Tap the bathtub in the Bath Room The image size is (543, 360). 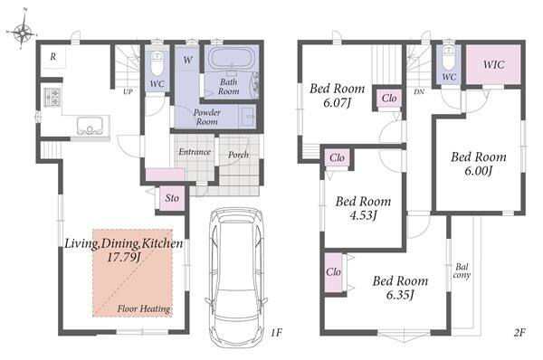[x=232, y=58]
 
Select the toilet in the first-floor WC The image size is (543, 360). [x=157, y=63]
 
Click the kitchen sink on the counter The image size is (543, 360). [x=90, y=126]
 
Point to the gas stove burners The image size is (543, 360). [x=52, y=97]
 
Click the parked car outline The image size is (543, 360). [x=236, y=277]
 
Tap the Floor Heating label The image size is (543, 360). [x=144, y=308]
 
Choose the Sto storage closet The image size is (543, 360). [x=172, y=198]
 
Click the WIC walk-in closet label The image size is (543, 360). [x=494, y=64]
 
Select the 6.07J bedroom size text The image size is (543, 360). [x=337, y=102]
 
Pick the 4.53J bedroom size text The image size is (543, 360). [x=363, y=215]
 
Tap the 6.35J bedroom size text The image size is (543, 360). [x=400, y=295]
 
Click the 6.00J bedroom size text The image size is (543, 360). [x=478, y=171]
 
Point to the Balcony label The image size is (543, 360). [x=462, y=271]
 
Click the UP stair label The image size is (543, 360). [x=128, y=92]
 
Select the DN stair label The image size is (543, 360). [x=419, y=92]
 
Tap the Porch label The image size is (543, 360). [x=238, y=155]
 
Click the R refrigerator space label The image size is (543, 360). [x=52, y=56]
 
